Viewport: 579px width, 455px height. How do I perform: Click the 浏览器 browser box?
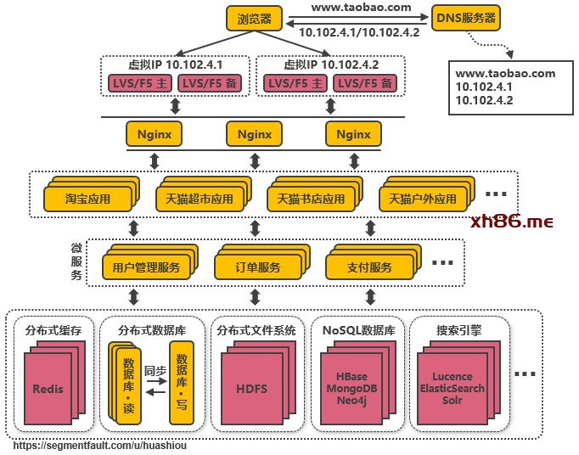(x=255, y=19)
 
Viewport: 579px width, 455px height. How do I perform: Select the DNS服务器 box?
(x=466, y=18)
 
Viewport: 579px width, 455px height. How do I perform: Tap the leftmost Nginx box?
(x=155, y=134)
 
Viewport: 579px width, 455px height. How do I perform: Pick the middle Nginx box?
(x=255, y=134)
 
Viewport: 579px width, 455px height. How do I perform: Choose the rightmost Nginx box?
(x=353, y=134)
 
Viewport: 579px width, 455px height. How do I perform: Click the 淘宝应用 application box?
(x=87, y=199)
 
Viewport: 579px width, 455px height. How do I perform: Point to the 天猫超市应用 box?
(x=194, y=199)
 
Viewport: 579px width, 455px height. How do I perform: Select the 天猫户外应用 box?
(x=422, y=199)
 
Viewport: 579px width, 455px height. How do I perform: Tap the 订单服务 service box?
(x=258, y=267)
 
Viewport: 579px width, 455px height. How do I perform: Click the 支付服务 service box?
(x=370, y=267)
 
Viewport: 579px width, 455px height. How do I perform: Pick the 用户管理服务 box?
(x=146, y=267)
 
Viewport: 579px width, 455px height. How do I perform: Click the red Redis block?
(x=48, y=389)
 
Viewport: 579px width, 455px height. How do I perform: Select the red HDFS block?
(x=251, y=389)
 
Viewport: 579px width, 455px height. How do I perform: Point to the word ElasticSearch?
(x=452, y=388)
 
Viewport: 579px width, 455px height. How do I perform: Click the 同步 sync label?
(x=155, y=371)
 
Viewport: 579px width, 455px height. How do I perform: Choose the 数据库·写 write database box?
(x=181, y=382)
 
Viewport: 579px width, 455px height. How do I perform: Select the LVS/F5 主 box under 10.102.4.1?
(x=139, y=83)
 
